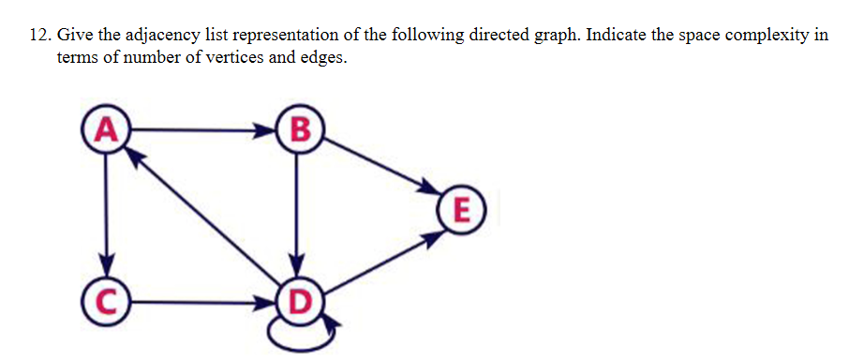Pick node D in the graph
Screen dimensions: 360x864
tap(298, 303)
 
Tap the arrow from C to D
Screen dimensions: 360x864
tap(201, 303)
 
